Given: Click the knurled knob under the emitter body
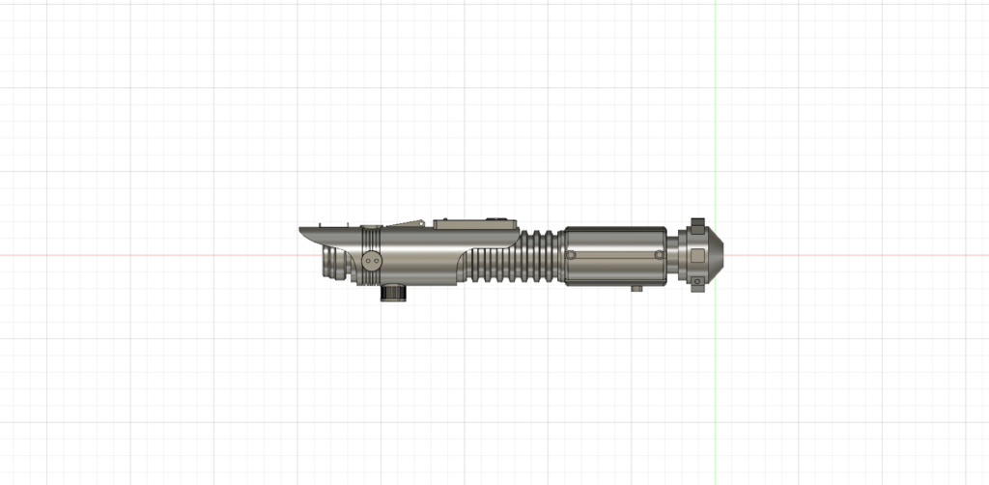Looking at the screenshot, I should (x=394, y=295).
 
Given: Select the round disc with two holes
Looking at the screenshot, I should (x=373, y=261).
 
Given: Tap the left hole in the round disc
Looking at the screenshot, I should (x=367, y=261).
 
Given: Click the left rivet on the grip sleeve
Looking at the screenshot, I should (x=571, y=255).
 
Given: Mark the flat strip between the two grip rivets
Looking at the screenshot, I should (x=614, y=255).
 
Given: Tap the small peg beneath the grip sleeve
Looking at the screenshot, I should (x=637, y=288).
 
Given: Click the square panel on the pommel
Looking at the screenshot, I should (x=697, y=256).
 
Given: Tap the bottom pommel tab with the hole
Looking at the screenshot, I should (x=696, y=282).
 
